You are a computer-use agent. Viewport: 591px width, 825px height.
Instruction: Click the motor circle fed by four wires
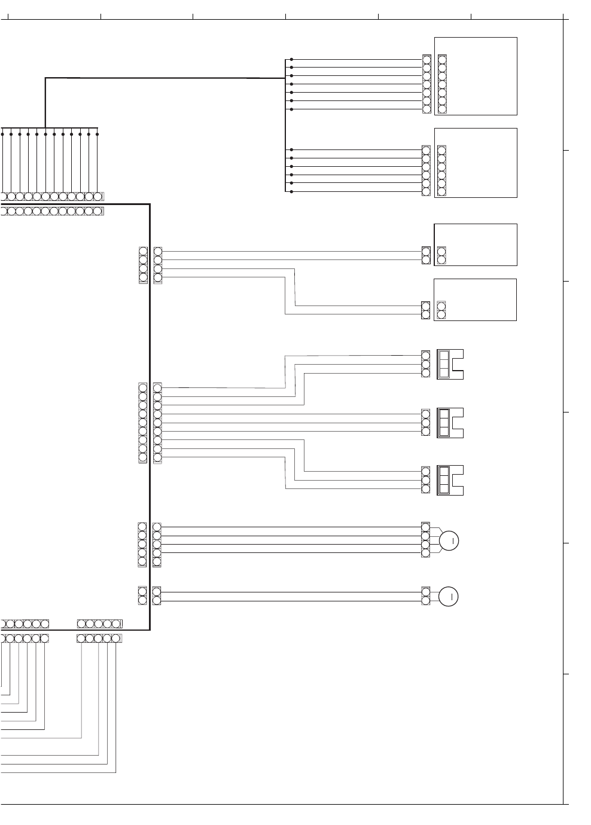(449, 540)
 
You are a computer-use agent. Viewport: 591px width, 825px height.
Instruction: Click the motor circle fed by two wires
(449, 597)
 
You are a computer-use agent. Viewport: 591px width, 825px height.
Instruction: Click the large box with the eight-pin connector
(476, 76)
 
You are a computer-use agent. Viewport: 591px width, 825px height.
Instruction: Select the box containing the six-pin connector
(476, 163)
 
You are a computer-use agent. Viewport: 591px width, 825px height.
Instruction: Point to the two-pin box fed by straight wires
(476, 245)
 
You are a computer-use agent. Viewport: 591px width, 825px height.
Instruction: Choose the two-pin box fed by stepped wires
(476, 300)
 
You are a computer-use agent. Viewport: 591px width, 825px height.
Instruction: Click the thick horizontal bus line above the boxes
(164, 78)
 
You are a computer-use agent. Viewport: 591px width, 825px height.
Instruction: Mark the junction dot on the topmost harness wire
(291, 59)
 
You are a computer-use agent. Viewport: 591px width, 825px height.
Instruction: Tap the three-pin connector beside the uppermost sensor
(426, 364)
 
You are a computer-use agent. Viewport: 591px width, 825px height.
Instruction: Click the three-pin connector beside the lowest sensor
(426, 480)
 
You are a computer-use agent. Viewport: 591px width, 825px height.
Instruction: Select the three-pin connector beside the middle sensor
(426, 423)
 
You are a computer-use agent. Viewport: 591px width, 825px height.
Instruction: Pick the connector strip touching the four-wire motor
(425, 540)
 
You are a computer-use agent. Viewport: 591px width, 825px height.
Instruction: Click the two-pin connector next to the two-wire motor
(425, 596)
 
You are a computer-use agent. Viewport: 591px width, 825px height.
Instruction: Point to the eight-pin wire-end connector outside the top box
(427, 84)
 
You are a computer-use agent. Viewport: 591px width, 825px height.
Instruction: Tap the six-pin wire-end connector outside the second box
(426, 171)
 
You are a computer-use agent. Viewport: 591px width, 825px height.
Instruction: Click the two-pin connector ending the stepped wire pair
(425, 310)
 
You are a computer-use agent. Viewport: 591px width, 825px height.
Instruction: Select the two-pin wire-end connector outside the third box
(426, 255)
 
